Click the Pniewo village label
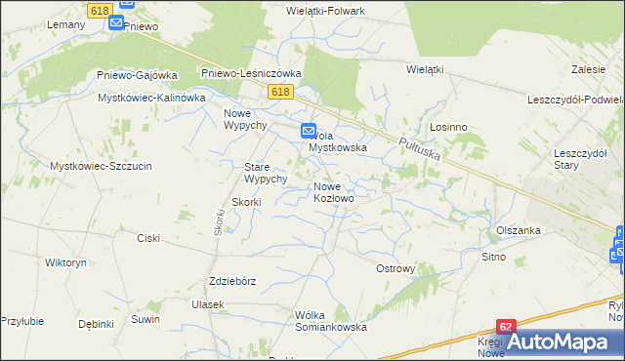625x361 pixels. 142,26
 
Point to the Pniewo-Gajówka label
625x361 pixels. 137,75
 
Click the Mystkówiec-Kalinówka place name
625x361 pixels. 151,98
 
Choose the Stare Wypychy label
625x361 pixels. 265,173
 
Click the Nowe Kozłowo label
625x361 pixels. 334,191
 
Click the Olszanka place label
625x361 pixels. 519,230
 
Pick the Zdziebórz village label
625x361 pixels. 232,281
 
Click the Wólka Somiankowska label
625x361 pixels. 330,321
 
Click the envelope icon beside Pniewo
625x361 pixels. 115,22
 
